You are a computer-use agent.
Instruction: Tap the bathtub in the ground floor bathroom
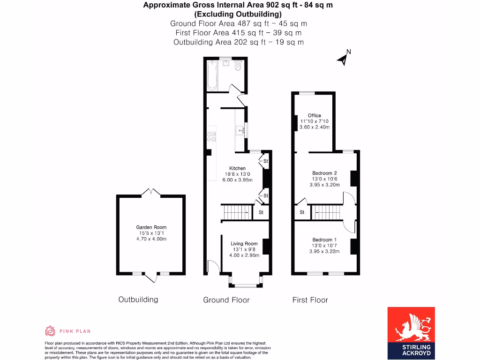(x=212, y=75)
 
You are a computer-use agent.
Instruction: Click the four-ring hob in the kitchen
(x=211, y=136)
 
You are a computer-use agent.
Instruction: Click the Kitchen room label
(x=237, y=168)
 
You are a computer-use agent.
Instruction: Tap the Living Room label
(x=244, y=243)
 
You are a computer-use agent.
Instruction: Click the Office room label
(x=315, y=115)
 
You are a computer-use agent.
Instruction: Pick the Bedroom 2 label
(x=324, y=173)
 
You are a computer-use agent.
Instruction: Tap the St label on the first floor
(x=302, y=212)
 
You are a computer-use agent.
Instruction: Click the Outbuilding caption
(x=138, y=300)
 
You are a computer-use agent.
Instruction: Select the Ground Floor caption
(x=226, y=300)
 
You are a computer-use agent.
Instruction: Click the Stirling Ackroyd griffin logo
(x=411, y=328)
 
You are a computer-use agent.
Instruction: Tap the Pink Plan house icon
(x=50, y=331)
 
